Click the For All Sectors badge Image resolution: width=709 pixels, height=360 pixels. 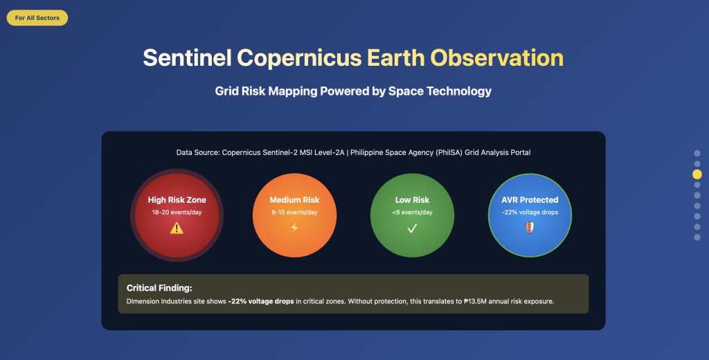37,17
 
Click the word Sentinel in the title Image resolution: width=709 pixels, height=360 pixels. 187,58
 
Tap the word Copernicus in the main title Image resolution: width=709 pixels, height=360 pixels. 299,58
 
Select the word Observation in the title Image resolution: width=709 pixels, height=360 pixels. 497,58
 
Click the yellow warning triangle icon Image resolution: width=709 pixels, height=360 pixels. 177,228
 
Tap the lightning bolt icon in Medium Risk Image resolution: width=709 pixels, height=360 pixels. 294,228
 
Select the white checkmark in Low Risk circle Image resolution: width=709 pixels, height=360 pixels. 412,228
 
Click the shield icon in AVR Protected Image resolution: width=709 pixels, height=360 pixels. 530,228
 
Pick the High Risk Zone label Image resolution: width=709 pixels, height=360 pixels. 177,200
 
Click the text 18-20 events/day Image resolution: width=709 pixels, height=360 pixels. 177,213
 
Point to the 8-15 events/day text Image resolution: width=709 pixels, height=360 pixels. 294,213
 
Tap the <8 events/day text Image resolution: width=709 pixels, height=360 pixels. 412,213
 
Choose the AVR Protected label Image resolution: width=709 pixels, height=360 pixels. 530,200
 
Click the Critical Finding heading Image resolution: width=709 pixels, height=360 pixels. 159,288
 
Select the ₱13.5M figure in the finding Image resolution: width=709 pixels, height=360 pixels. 475,301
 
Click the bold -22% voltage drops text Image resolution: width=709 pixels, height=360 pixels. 261,301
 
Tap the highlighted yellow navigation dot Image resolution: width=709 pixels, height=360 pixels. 697,174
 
